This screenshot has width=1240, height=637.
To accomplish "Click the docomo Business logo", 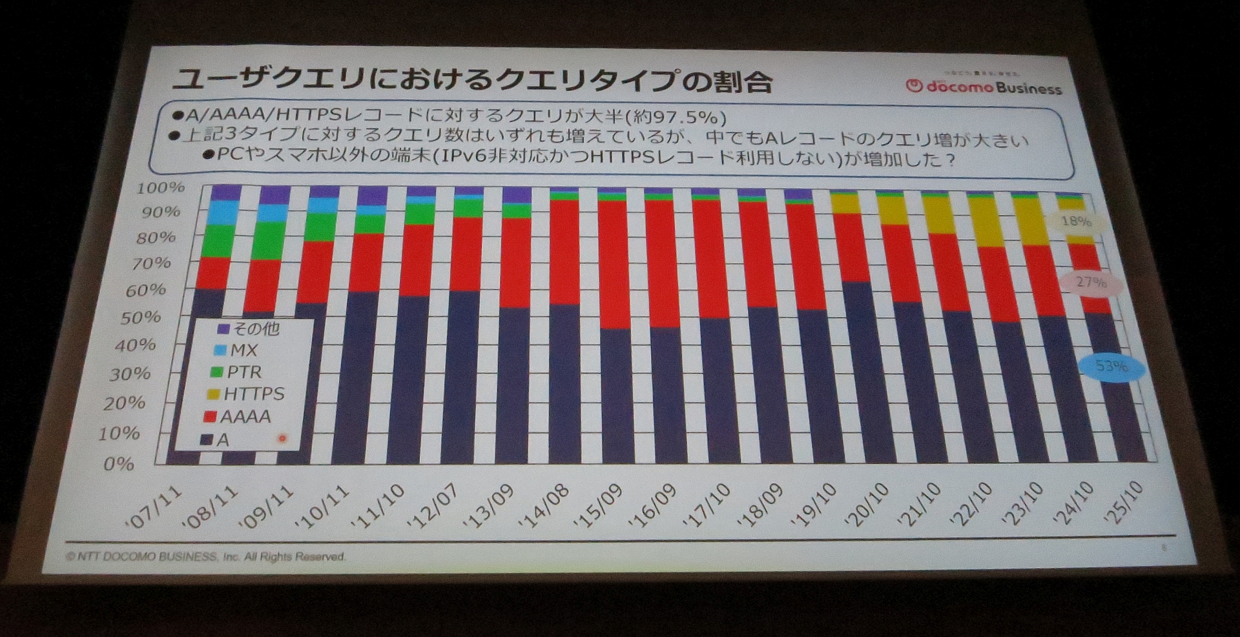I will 984,87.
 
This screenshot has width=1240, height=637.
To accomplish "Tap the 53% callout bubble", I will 1111,366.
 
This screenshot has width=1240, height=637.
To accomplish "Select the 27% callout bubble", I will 1091,282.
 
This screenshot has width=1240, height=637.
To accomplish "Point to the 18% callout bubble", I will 1076,222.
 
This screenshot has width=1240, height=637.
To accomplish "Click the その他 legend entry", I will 248,329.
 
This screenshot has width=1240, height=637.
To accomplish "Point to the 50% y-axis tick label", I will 140,317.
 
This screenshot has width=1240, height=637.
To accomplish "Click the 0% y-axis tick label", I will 119,464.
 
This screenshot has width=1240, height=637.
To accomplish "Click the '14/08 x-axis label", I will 548,505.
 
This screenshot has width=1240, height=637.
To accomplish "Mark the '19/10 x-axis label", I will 816,504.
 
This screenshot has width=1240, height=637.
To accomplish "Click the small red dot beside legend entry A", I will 282,439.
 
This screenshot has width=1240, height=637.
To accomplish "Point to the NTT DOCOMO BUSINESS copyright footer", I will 205,556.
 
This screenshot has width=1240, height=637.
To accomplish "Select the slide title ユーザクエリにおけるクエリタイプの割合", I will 471,80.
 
